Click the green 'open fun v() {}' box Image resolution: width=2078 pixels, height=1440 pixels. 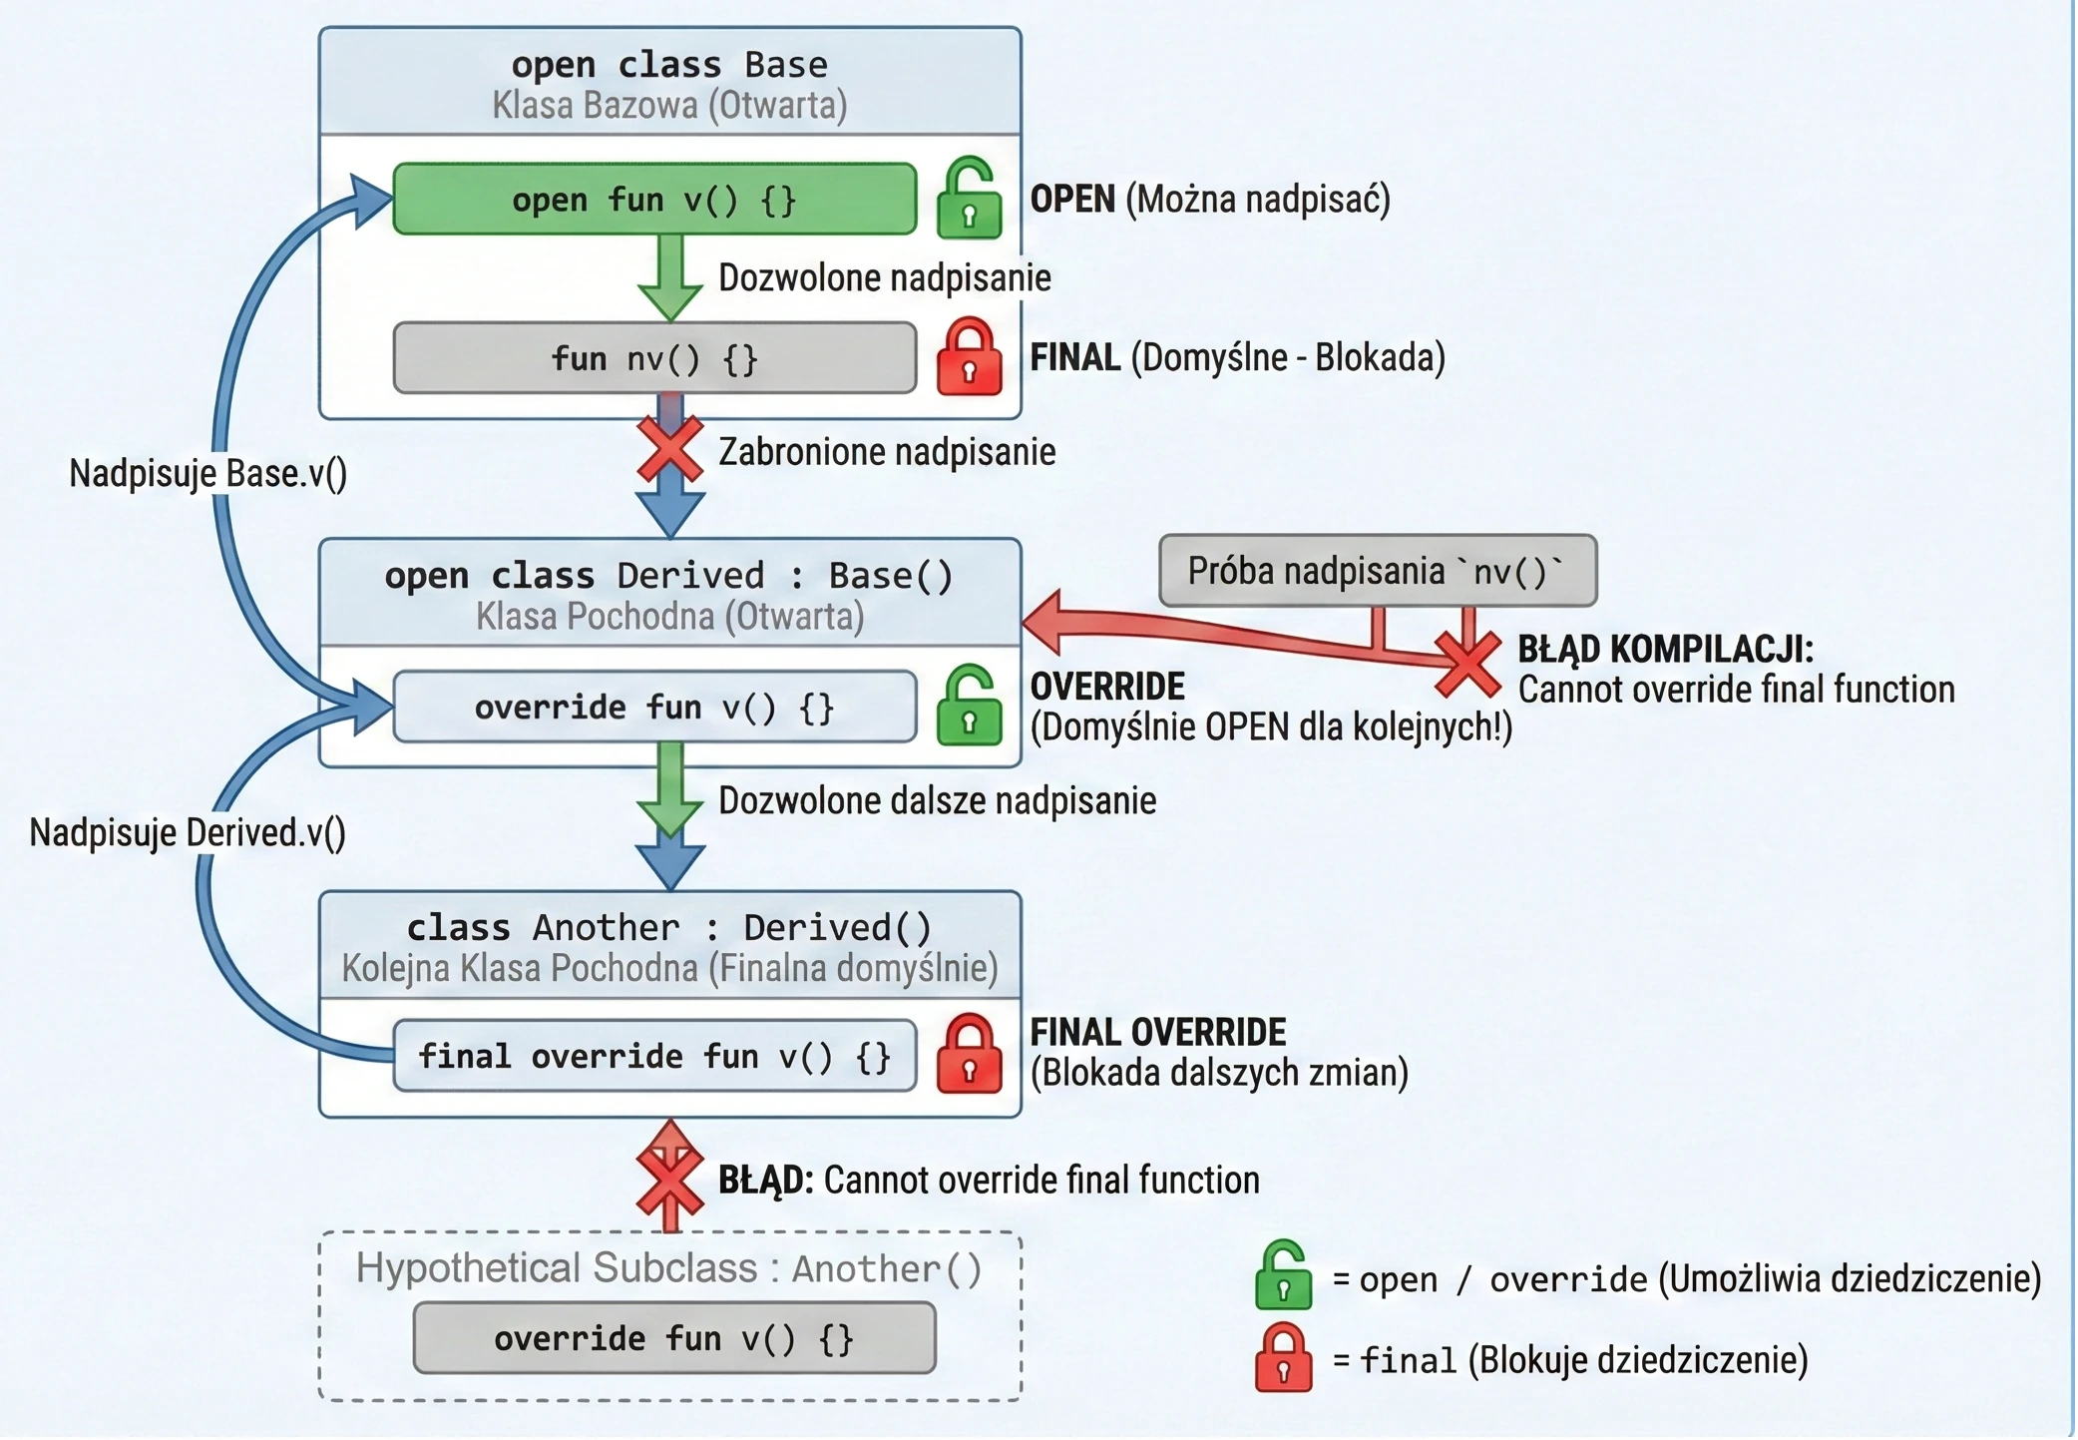[x=654, y=200]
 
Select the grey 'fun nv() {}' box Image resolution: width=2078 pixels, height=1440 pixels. [x=654, y=358]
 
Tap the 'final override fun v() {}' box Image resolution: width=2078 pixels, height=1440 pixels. [x=654, y=1056]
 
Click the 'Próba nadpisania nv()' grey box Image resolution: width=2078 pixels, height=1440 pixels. [x=1378, y=571]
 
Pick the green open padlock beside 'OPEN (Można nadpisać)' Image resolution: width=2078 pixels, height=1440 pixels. [x=969, y=198]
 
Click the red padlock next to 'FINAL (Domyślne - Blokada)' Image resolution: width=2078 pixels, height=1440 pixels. [x=969, y=356]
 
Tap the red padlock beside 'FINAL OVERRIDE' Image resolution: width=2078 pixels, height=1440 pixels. [x=969, y=1054]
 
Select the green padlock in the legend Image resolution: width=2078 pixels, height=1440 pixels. [x=1283, y=1275]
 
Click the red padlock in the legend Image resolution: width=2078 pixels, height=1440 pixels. [x=1283, y=1357]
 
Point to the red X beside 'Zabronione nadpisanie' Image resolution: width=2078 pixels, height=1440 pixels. [x=670, y=450]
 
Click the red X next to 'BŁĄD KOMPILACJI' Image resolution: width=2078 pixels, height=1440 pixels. [x=1467, y=664]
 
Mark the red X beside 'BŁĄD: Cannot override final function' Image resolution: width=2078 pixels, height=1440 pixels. [x=670, y=1180]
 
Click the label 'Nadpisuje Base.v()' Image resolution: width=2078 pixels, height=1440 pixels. [x=208, y=473]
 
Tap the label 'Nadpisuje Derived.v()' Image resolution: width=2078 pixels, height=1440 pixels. [x=188, y=832]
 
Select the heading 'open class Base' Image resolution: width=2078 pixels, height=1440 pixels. [x=669, y=65]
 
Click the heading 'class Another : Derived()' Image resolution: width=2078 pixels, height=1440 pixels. [x=669, y=928]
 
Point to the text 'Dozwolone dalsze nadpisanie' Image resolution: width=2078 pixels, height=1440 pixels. [x=938, y=800]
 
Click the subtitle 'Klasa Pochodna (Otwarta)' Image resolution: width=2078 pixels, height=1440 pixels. [x=669, y=617]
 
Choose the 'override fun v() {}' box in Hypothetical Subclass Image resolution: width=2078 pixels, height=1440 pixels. [x=674, y=1338]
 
